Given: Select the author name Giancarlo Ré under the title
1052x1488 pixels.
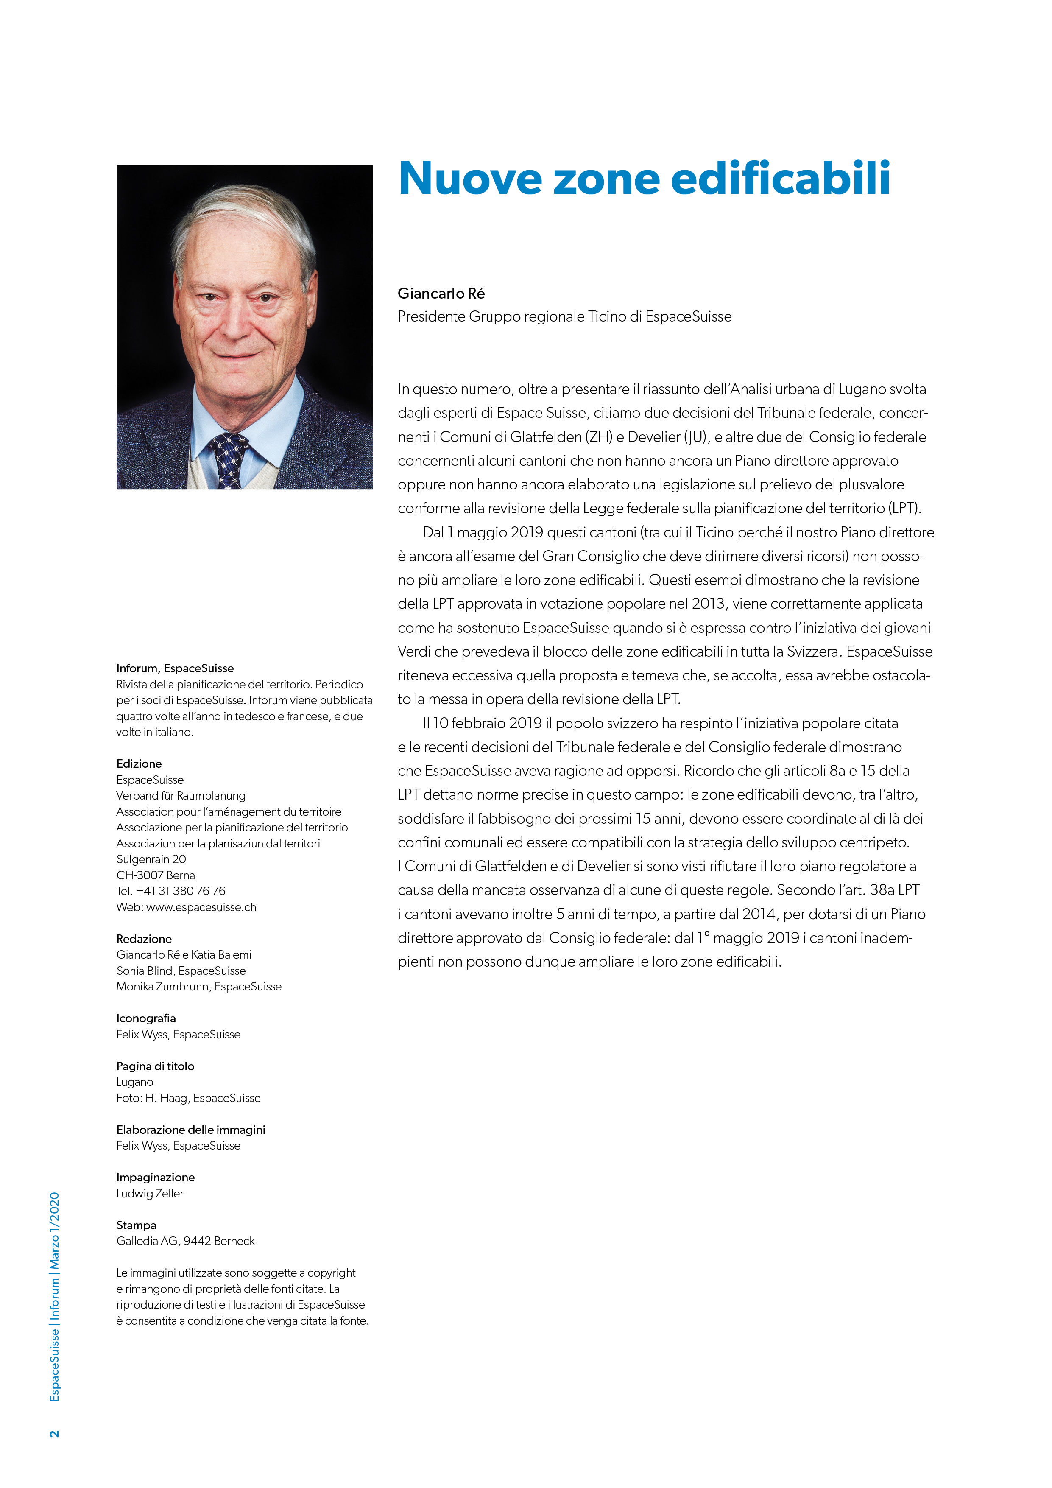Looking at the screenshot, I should [x=441, y=294].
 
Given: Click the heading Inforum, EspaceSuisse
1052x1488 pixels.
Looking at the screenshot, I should [x=175, y=668].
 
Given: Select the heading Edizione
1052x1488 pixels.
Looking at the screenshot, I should [x=139, y=764].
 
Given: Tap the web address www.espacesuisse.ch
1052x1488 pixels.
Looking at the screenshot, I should [x=201, y=906].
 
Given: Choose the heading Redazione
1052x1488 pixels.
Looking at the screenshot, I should [x=144, y=938].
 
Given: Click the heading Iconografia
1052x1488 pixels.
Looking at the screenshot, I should [x=146, y=1018].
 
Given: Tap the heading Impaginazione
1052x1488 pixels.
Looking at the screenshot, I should [x=156, y=1177].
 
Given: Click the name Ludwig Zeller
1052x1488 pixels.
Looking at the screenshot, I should [x=150, y=1193].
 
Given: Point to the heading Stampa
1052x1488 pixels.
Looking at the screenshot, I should [x=136, y=1225].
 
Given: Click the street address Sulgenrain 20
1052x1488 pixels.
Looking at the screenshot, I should [x=151, y=859].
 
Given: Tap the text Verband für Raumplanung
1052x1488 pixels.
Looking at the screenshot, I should [x=181, y=795].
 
